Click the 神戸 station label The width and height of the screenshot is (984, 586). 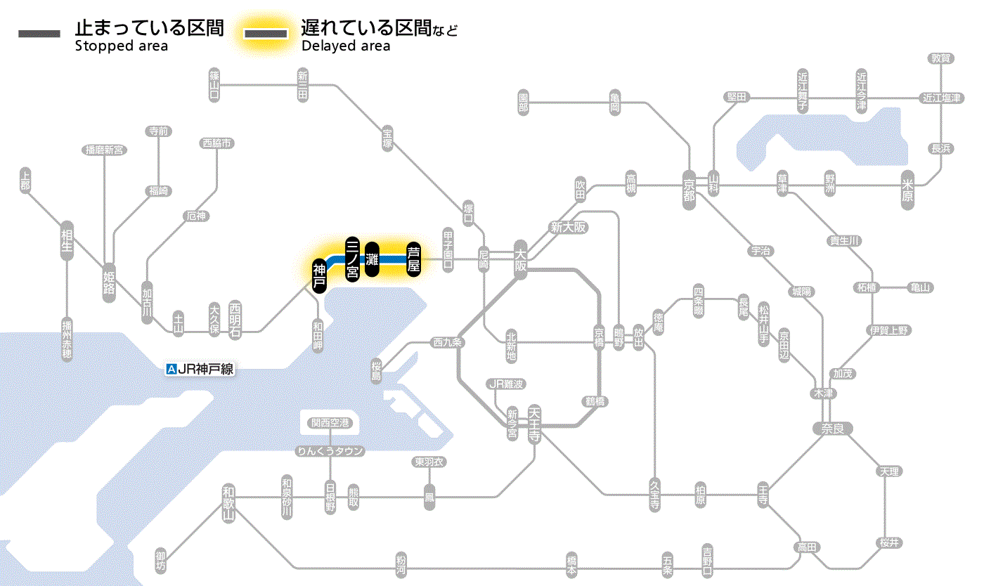[319, 275]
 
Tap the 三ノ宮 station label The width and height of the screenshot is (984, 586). [353, 259]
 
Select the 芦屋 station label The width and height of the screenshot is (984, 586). [414, 259]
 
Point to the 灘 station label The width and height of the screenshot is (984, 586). [373, 259]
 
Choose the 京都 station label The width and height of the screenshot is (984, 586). [689, 187]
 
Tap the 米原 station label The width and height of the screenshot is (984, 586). [909, 191]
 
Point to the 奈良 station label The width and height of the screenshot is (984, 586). [832, 428]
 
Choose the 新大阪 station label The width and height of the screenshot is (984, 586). [569, 227]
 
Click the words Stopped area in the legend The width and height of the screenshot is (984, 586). [121, 46]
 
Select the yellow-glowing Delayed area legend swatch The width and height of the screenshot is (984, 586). [265, 34]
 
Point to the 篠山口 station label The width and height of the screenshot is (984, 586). [214, 84]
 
